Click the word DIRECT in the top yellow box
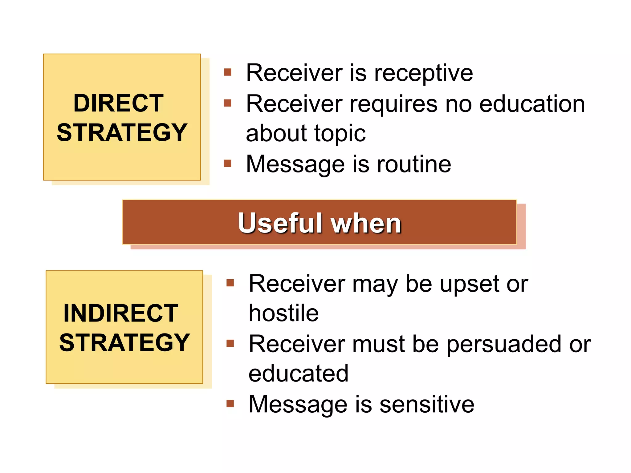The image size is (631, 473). tap(118, 103)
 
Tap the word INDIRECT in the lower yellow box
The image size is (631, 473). tap(121, 313)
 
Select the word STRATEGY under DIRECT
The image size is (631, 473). tap(122, 132)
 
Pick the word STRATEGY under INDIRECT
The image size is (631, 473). tap(124, 342)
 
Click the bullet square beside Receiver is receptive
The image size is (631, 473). tap(227, 72)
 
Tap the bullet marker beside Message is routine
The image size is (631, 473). tap(227, 163)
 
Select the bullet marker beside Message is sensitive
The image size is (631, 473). tap(230, 403)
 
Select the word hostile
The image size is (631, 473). tap(283, 313)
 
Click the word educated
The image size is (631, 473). tap(298, 373)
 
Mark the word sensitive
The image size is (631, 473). tap(427, 404)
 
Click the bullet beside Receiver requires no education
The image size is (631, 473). tap(227, 103)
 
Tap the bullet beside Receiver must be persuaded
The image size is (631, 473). tap(230, 343)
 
